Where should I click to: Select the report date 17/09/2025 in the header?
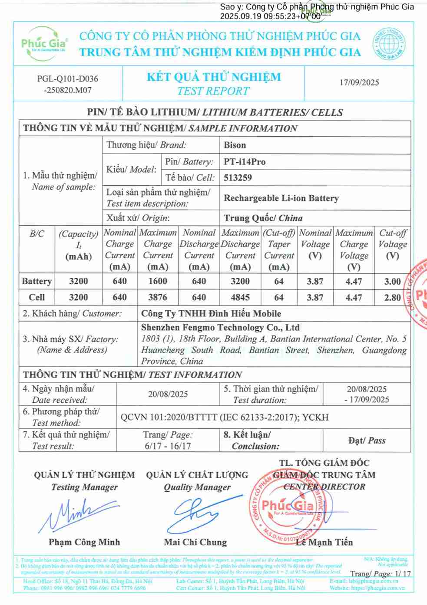click(359, 82)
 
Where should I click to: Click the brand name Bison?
click(235, 145)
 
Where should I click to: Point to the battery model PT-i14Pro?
click(245, 161)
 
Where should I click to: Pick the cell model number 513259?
click(238, 178)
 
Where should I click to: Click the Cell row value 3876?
click(158, 297)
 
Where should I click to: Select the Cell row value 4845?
click(240, 297)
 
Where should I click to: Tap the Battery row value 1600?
click(158, 281)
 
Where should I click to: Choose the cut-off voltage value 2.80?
click(392, 297)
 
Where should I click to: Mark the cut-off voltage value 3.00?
click(392, 281)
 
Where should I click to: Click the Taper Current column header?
click(279, 250)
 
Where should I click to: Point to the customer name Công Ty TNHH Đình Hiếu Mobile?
click(211, 313)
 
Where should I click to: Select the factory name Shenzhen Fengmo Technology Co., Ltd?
click(220, 328)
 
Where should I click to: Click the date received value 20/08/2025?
click(168, 394)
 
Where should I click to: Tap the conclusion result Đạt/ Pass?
click(367, 441)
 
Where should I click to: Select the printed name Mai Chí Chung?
click(195, 542)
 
